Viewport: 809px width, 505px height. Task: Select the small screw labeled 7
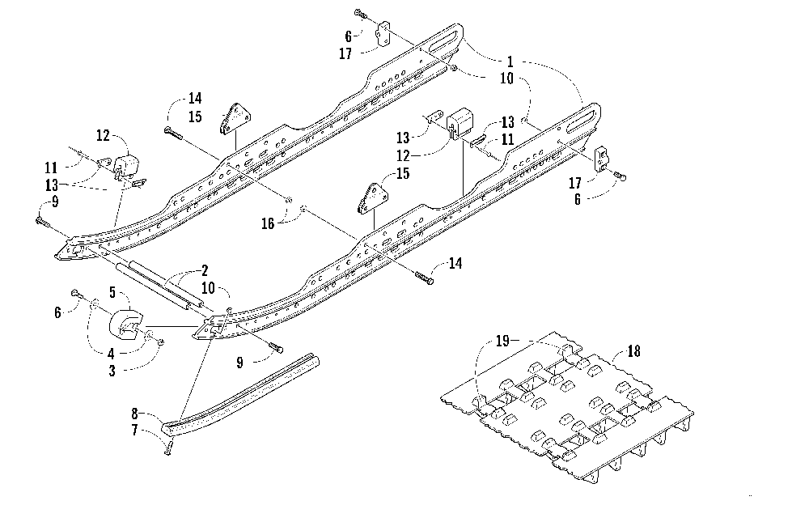(167, 448)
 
